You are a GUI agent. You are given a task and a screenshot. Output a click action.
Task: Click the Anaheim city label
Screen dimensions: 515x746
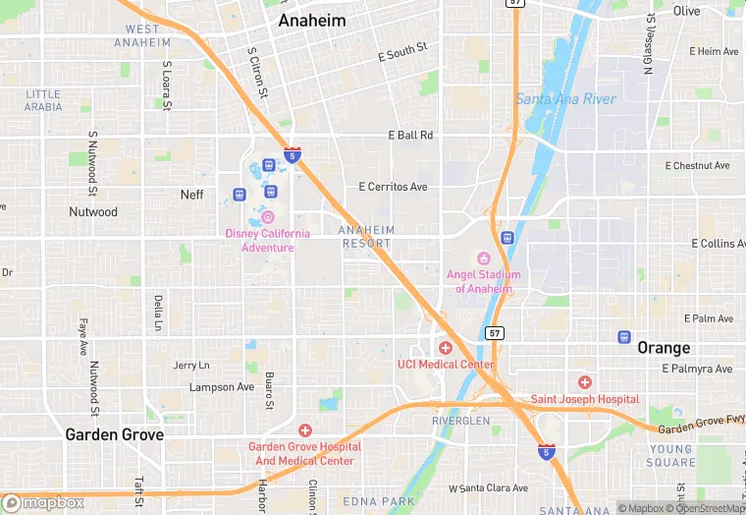311,20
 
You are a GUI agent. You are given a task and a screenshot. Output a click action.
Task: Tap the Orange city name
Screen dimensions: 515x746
664,348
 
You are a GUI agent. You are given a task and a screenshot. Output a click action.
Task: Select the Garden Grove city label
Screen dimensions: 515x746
114,433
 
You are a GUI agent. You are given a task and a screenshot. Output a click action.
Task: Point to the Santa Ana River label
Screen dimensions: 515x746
565,99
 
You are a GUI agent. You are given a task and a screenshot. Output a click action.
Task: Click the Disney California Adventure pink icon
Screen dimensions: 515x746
268,217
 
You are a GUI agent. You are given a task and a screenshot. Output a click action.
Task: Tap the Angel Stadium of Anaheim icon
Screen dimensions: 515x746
483,257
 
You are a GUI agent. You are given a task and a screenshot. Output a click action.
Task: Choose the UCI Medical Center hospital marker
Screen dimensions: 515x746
446,348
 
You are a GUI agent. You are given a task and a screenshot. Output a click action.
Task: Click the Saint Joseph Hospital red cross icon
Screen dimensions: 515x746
585,382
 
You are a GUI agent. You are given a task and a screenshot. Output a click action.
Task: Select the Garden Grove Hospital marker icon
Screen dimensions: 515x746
305,430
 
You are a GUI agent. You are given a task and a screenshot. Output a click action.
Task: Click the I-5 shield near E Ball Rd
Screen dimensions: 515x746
293,154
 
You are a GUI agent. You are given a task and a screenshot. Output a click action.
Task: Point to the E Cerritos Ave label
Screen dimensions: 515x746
394,187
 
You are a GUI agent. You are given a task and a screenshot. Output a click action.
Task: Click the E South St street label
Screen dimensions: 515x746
402,53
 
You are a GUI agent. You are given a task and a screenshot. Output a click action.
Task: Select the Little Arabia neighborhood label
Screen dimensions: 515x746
43,100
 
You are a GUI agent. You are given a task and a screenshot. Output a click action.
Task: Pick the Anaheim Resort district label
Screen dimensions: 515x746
366,237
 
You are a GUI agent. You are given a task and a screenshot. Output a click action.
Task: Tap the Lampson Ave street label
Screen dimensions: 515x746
222,387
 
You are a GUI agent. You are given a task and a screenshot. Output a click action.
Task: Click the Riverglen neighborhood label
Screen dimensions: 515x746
460,421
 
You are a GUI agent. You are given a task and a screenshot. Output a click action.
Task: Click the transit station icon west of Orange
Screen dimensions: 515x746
624,337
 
